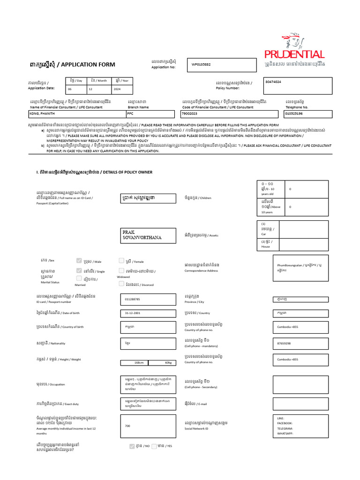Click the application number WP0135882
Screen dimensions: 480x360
pyautogui.click(x=201, y=65)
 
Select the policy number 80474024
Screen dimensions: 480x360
pyautogui.click(x=273, y=82)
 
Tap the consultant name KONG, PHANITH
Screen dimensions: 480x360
pyautogui.click(x=41, y=113)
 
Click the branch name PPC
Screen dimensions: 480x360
pyautogui.click(x=130, y=113)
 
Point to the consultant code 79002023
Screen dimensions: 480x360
pyautogui.click(x=189, y=113)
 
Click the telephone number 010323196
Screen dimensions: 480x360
pyautogui.click(x=294, y=113)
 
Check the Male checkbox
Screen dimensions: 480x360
pyautogui.click(x=79, y=261)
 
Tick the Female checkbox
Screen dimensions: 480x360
pyautogui.click(x=121, y=261)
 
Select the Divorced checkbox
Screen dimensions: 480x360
pyautogui.click(x=121, y=284)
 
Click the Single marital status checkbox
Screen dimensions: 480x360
pyautogui.click(x=79, y=270)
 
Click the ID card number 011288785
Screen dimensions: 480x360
pyautogui.click(x=133, y=299)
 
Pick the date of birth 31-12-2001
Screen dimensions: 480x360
pyautogui.click(x=133, y=313)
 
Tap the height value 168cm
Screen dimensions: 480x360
pyautogui.click(x=139, y=362)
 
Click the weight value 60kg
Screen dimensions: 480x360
pyautogui.click(x=168, y=362)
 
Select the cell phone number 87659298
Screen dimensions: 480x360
pyautogui.click(x=285, y=343)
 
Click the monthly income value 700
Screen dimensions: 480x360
pyautogui.click(x=127, y=426)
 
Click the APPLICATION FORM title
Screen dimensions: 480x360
pyautogui.click(x=88, y=65)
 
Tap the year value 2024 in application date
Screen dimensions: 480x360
pyautogui.click(x=117, y=89)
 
